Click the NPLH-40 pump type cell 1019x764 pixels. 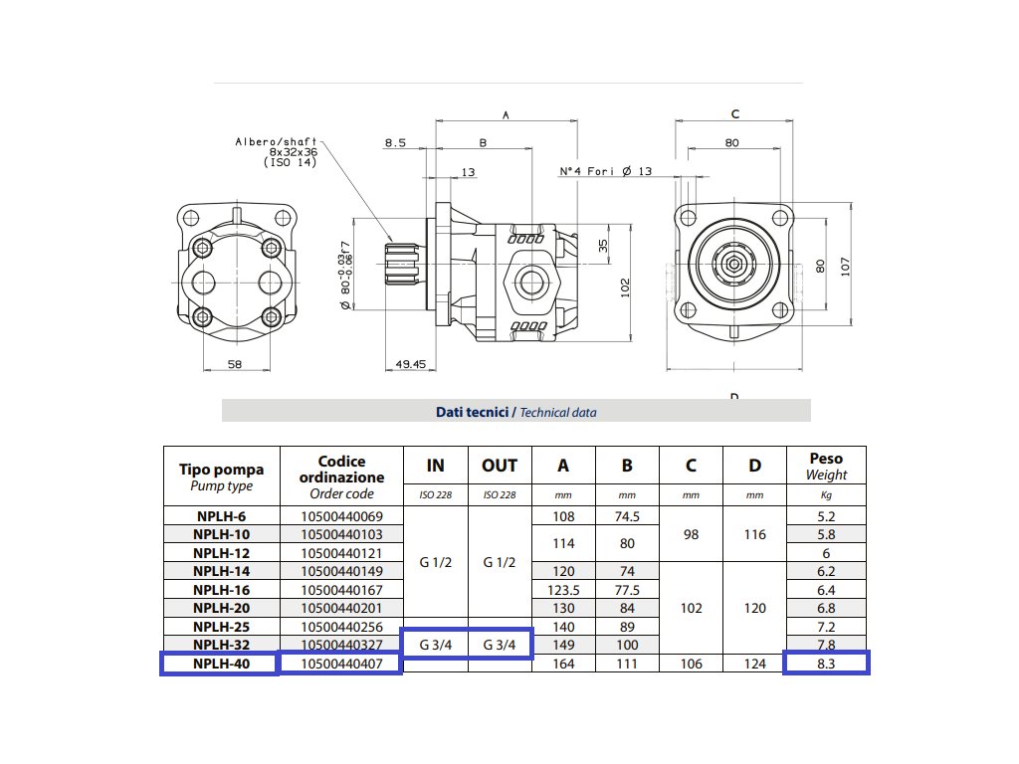221,664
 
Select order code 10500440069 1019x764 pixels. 342,516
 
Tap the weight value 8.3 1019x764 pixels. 826,664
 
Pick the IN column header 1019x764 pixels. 436,466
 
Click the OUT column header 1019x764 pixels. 500,466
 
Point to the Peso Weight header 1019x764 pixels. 826,467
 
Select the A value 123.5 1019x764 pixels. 563,590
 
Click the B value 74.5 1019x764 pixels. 627,516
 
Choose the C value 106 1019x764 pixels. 691,664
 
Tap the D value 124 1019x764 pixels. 754,664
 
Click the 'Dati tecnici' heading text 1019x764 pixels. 473,412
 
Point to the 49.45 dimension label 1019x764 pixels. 411,364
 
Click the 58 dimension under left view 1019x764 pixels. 235,364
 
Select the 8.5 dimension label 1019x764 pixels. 395,143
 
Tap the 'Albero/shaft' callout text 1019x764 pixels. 277,141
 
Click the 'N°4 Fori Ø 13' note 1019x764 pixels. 606,171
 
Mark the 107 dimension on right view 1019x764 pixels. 845,267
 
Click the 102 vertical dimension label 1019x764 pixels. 625,287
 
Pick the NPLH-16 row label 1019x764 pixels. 221,590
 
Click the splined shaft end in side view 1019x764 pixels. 401,265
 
